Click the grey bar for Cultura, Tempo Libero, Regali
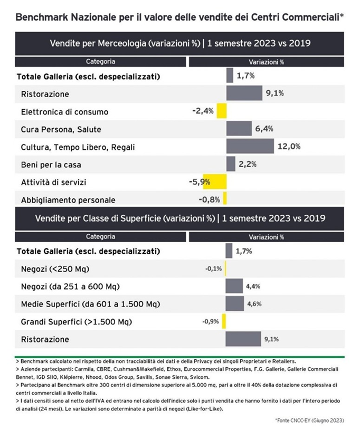tap(250, 146)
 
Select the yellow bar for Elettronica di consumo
tap(222, 111)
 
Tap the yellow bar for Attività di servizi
tap(215, 181)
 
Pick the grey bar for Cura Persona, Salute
tap(239, 128)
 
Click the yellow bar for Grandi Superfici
tap(224, 321)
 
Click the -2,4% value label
tap(203, 111)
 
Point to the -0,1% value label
tap(213, 269)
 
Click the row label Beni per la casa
tap(51, 165)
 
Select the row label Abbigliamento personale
tap(68, 200)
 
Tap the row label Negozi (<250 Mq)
tap(55, 269)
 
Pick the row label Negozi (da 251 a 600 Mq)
tap(70, 286)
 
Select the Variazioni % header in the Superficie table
tap(266, 237)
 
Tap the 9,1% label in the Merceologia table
tap(274, 93)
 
